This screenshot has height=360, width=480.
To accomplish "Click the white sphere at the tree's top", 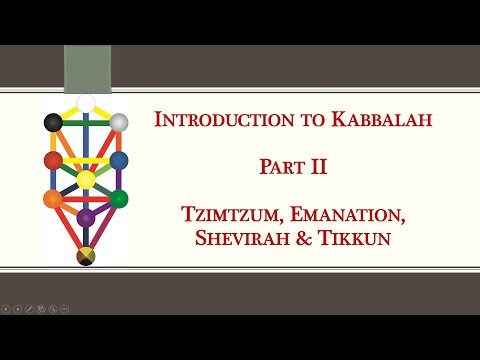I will coord(86,102).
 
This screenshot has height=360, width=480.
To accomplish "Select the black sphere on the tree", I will coord(54,123).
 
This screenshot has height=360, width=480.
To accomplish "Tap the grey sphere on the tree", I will coord(119,123).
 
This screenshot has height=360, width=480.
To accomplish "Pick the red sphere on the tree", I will coord(54,160).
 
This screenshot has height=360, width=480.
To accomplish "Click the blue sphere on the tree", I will coord(119,160).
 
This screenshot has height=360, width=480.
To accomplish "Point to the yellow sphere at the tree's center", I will coord(86,180).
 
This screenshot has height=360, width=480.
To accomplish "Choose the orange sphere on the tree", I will coord(54,199).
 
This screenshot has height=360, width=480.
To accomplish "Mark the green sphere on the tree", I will coord(119,199).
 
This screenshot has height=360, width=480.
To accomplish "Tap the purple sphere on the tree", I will coord(86,217).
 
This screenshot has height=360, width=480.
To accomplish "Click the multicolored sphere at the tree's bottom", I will coord(86,257).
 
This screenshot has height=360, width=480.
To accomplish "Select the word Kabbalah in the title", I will coord(360,121).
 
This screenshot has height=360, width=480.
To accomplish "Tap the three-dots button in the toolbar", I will coord(64,308).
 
